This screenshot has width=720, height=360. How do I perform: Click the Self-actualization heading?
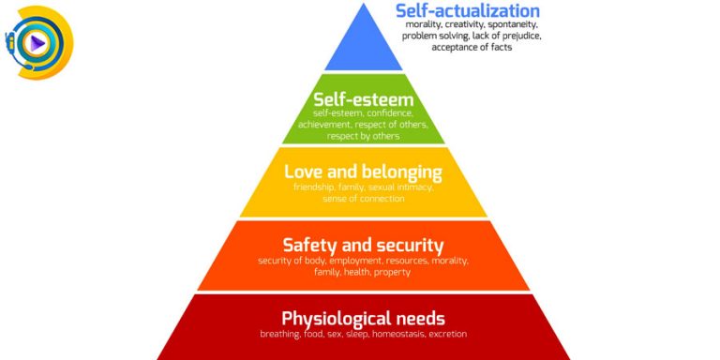pyautogui.click(x=468, y=10)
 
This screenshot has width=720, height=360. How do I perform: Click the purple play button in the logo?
pyautogui.click(x=37, y=44)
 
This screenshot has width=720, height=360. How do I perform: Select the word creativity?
pyautogui.click(x=462, y=24)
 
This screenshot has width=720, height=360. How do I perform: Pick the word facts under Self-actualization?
pyautogui.click(x=501, y=47)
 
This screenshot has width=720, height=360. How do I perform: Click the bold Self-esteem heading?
pyautogui.click(x=363, y=99)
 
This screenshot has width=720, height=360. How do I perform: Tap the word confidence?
pyautogui.click(x=393, y=112)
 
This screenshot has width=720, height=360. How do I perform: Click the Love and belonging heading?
pyautogui.click(x=363, y=172)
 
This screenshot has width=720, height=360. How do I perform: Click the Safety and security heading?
pyautogui.click(x=363, y=246)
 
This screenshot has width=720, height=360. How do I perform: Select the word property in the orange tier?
pyautogui.click(x=392, y=273)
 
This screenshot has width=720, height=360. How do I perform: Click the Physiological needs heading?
pyautogui.click(x=363, y=319)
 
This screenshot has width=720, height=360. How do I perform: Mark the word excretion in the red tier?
pyautogui.click(x=448, y=335)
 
